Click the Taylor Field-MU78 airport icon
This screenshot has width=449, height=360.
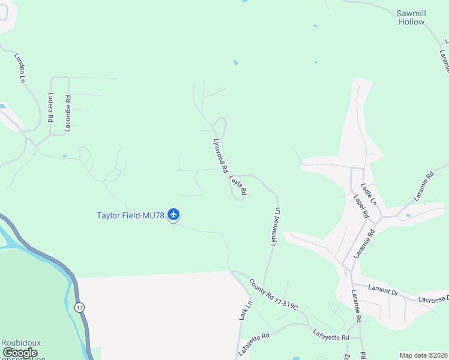tap(173, 214)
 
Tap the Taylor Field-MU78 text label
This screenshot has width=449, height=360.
tap(131, 215)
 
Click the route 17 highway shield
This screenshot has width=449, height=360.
tap(79, 307)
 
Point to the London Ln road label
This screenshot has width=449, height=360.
tap(21, 67)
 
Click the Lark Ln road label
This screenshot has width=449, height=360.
tap(245, 310)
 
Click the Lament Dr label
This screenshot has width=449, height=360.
tap(383, 291)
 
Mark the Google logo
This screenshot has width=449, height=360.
tap(20, 353)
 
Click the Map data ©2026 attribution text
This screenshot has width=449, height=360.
tap(423, 355)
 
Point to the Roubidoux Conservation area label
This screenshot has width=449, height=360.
tap(22, 347)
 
